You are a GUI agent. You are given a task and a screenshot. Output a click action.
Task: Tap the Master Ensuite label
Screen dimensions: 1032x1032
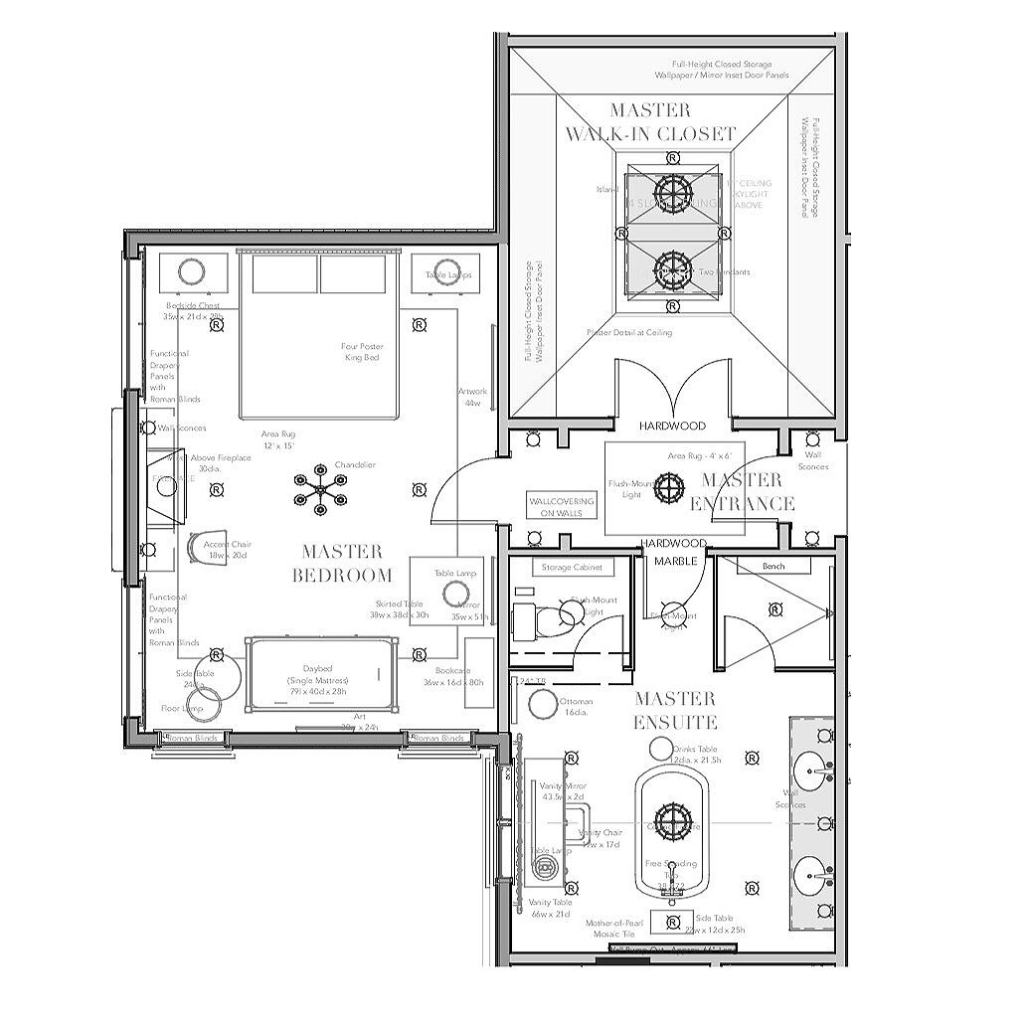[x=675, y=710]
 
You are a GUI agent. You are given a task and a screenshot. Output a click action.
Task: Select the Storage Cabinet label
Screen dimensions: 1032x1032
[x=569, y=567]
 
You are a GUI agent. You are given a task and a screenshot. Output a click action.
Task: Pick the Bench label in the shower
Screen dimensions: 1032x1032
[x=774, y=566]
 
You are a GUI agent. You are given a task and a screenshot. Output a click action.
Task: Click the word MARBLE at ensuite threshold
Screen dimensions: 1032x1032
[x=675, y=561]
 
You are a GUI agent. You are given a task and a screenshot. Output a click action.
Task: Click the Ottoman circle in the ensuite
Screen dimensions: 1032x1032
[x=543, y=704]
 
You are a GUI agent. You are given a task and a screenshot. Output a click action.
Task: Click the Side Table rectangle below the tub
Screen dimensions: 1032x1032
[x=672, y=921]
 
